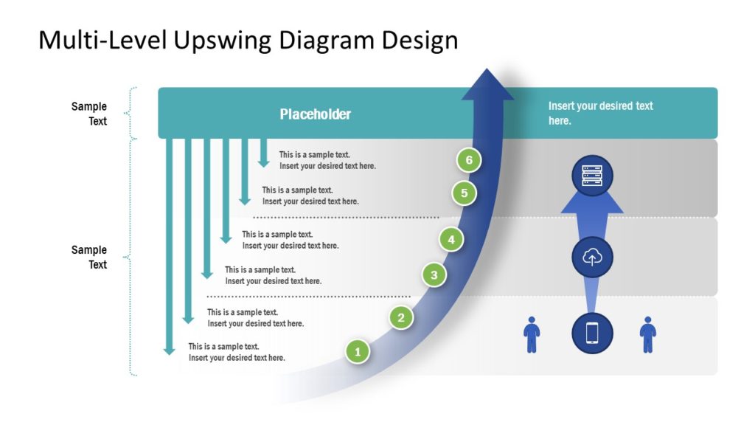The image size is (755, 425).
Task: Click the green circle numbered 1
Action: pos(358,352)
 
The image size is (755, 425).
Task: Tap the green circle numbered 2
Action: pos(401,318)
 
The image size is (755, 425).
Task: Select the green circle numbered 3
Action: pos(434,275)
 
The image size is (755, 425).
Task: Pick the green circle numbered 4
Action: pos(451,239)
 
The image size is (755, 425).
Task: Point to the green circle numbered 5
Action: pos(464,193)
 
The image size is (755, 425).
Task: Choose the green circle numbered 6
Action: pos(468,160)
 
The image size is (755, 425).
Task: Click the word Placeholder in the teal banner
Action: pos(315,114)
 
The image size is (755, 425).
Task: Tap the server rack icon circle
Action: pos(592,176)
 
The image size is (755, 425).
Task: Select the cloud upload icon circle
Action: pos(592,258)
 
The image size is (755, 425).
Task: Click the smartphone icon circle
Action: pos(592,333)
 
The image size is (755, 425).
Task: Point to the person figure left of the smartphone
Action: pos(532,334)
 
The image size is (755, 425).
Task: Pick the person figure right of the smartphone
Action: pos(647,334)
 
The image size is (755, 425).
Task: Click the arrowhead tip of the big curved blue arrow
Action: pos(487,72)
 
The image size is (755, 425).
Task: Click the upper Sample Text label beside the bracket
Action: pos(89,114)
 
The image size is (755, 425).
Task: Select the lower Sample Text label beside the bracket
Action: pos(89,257)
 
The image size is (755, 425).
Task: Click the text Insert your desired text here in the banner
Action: pos(600,113)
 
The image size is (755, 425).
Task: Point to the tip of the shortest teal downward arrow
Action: pos(263,164)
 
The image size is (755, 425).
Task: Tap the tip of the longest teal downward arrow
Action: pos(170,352)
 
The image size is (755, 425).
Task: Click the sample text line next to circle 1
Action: pos(236,352)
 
